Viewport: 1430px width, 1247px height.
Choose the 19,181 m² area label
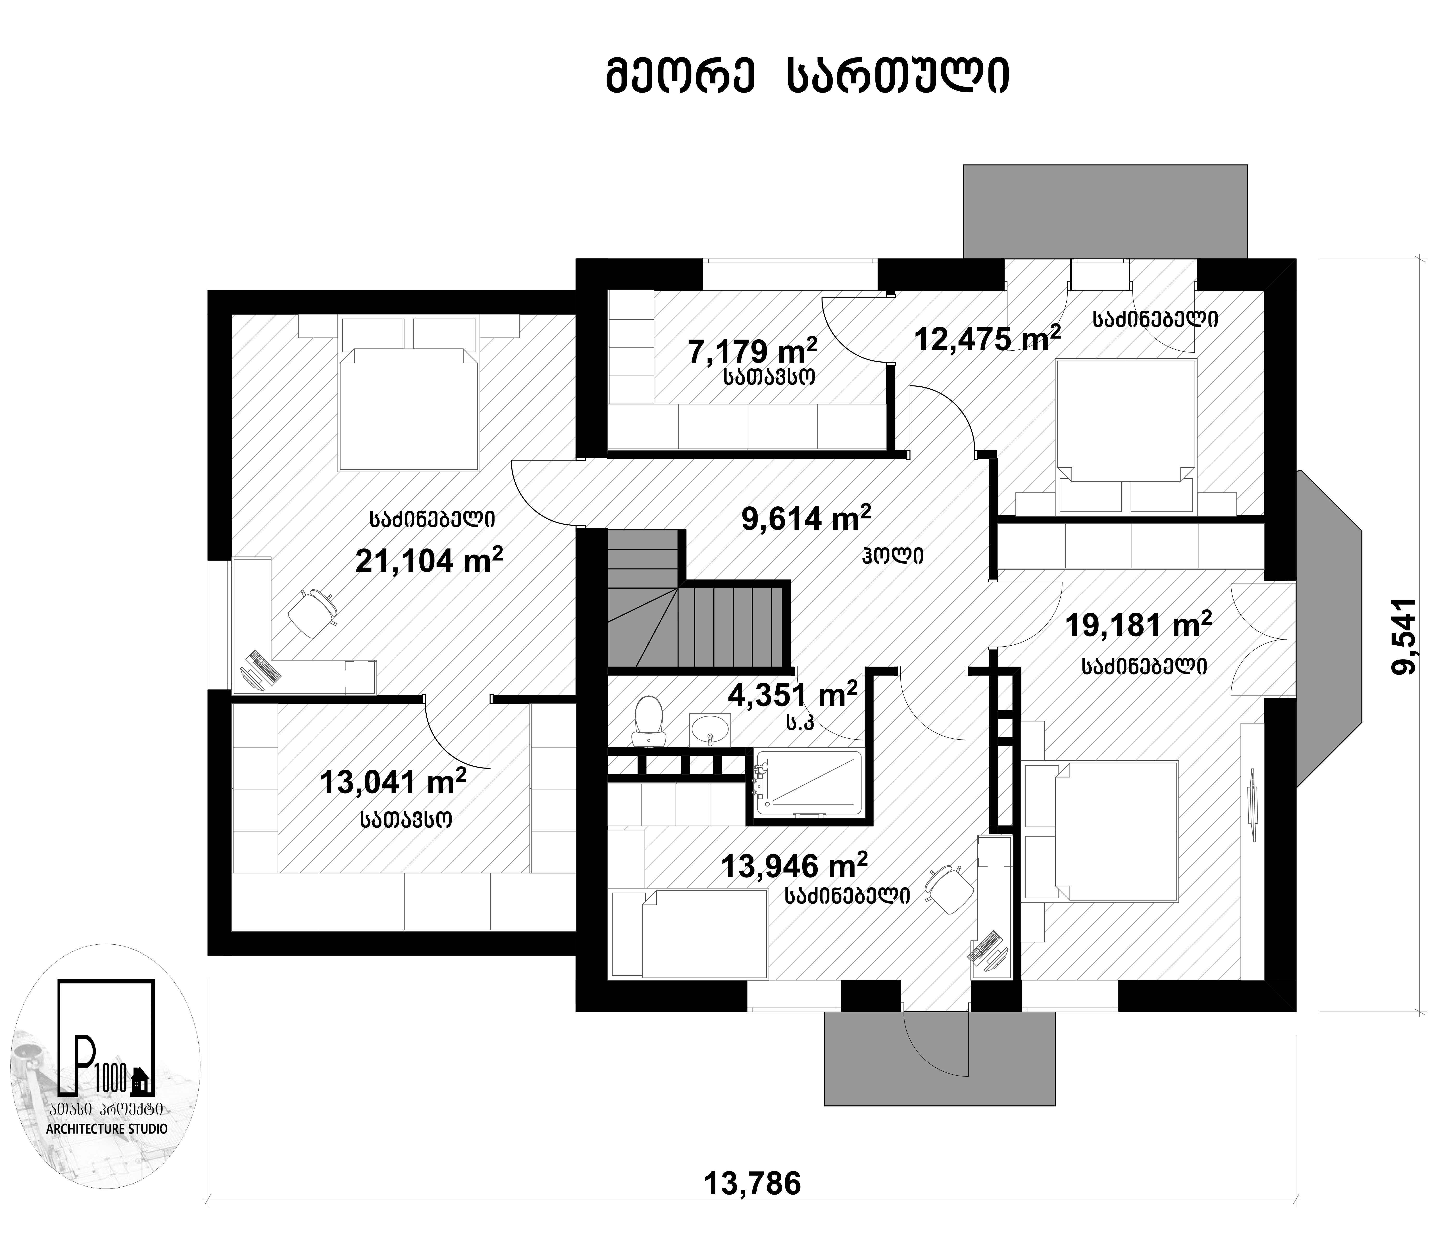coord(1139,624)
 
